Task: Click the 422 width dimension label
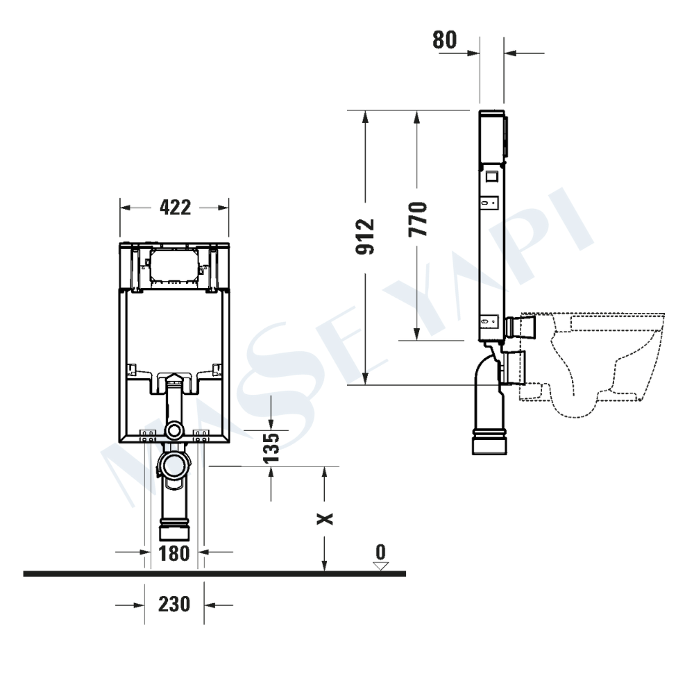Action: (x=176, y=207)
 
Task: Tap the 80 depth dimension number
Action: (x=444, y=40)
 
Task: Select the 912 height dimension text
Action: (x=366, y=237)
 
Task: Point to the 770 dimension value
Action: (x=418, y=219)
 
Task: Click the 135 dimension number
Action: (x=271, y=448)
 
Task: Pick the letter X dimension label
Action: (x=325, y=518)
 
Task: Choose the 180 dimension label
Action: (x=174, y=553)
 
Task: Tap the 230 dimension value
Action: (x=174, y=604)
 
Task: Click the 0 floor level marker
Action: (x=380, y=552)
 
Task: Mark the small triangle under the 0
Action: (x=380, y=566)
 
